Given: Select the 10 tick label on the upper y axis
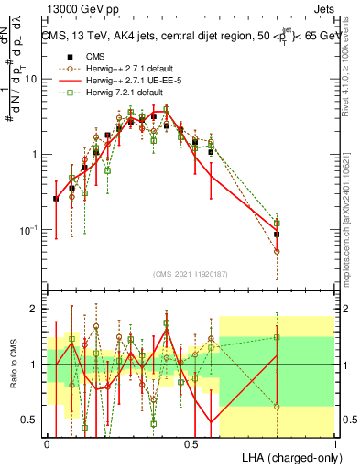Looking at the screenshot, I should pyautogui.click(x=31, y=79).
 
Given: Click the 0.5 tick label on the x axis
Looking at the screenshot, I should pyautogui.click(x=191, y=443).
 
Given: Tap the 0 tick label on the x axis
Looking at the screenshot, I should pyautogui.click(x=48, y=443).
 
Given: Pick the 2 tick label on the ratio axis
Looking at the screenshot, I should pyautogui.click(x=36, y=309).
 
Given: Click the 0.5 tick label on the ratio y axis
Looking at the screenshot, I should pyautogui.click(x=31, y=420).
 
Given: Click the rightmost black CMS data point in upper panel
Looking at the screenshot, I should pyautogui.click(x=277, y=234).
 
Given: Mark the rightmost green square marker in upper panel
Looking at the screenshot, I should pyautogui.click(x=277, y=223).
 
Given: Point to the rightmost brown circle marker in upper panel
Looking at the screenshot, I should pyautogui.click(x=277, y=251).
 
